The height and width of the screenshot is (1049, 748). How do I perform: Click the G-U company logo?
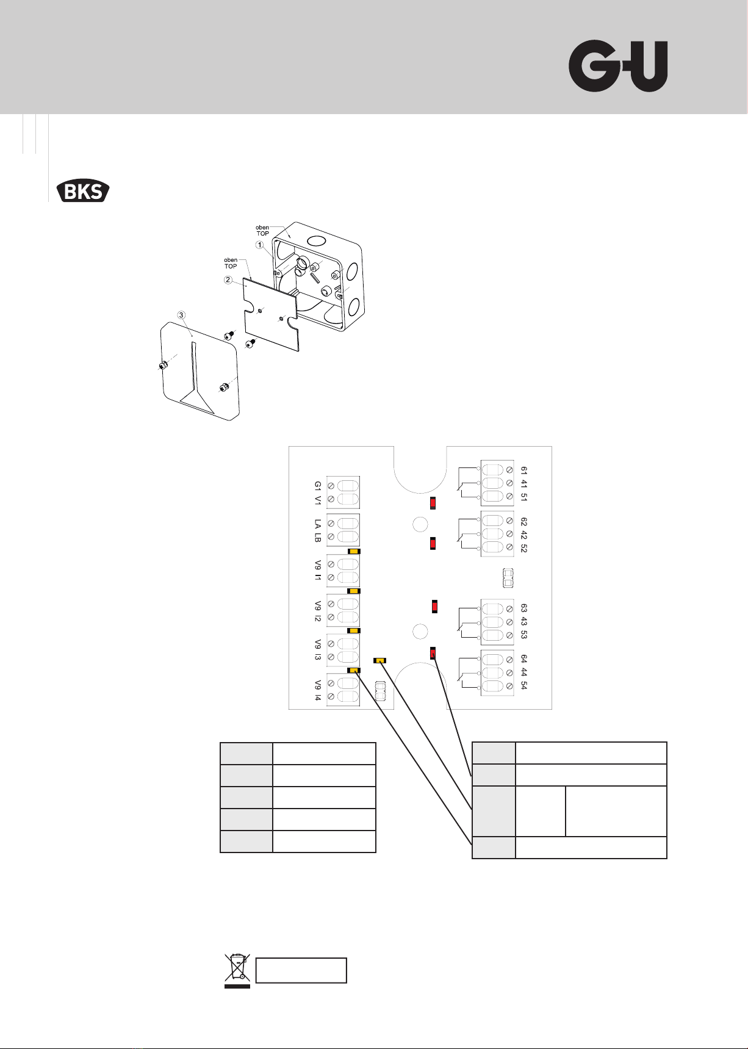(x=618, y=67)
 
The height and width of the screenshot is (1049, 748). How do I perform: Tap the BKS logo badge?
(x=83, y=191)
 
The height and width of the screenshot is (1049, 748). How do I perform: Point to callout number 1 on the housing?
(x=259, y=245)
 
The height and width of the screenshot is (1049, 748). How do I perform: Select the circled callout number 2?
(x=228, y=280)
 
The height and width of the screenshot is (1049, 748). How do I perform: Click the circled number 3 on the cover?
(x=181, y=315)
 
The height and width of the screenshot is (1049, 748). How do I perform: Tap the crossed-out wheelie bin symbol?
(x=237, y=970)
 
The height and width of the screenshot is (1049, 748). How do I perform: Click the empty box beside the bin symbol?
(x=301, y=970)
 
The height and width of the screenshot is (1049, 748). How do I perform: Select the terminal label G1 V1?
(x=318, y=493)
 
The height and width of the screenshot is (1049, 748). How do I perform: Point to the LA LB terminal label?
(x=318, y=531)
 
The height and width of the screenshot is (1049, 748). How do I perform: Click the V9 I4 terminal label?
(x=318, y=690)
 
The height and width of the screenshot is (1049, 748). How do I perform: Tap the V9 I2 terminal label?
(x=318, y=611)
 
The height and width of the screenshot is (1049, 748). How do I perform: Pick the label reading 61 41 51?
(x=524, y=483)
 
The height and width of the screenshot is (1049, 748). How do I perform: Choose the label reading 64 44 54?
(x=524, y=672)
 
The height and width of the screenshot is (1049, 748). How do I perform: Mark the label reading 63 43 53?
(x=524, y=621)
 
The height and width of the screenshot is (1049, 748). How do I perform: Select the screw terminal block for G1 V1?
(x=343, y=492)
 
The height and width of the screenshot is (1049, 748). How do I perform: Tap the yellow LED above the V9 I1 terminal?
(x=354, y=551)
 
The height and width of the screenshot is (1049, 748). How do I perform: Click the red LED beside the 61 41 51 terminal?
(x=433, y=503)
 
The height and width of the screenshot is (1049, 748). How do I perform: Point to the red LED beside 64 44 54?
(x=433, y=653)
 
